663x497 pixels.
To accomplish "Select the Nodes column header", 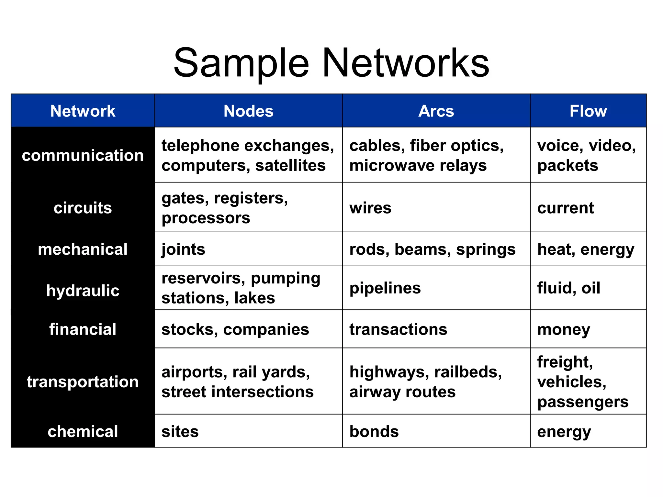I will [x=248, y=111].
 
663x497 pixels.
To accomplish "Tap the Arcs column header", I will [x=436, y=111].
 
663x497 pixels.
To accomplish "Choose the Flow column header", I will [x=588, y=111].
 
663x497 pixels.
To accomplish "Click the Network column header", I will [x=83, y=111].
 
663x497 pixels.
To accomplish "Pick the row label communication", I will [x=83, y=155].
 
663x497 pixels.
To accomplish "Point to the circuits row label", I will [x=83, y=208].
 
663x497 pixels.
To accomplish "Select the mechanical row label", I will [x=83, y=249].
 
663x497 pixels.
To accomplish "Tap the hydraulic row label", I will [x=83, y=290].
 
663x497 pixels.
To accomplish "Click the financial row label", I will [x=83, y=329].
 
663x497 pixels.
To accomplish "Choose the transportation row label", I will [x=83, y=381].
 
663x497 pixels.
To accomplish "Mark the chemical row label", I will [x=83, y=431].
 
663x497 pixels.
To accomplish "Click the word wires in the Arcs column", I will [x=370, y=208].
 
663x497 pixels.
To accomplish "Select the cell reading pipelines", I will [x=385, y=288].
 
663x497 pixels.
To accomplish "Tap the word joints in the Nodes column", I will [x=183, y=249].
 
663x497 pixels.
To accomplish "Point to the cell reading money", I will [x=564, y=329].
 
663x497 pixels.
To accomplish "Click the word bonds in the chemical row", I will [x=374, y=431].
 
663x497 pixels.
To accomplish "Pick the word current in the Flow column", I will [x=566, y=208].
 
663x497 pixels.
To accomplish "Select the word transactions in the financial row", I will [x=398, y=329].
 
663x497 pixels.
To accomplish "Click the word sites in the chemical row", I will [x=180, y=431].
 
